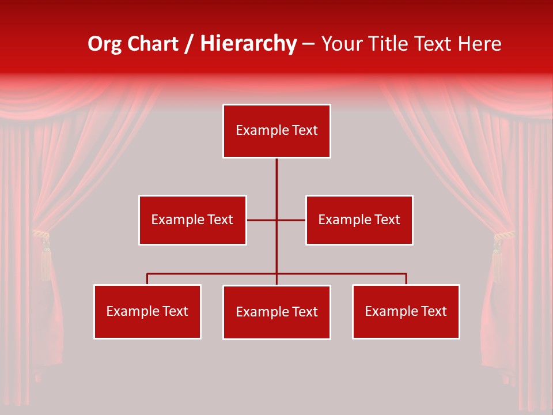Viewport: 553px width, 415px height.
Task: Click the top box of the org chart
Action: [x=276, y=131]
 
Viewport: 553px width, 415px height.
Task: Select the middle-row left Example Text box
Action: [x=192, y=220]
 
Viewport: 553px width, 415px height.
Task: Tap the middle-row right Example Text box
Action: [x=359, y=220]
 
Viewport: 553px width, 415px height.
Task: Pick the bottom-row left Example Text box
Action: [x=147, y=311]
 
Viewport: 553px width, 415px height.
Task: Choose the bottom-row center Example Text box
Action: [x=276, y=312]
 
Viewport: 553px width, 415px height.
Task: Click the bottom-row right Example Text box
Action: [x=406, y=311]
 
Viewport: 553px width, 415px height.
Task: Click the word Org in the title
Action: [x=104, y=44]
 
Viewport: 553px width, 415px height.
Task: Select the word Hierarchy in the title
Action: [x=248, y=44]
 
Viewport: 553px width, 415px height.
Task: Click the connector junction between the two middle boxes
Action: [x=276, y=220]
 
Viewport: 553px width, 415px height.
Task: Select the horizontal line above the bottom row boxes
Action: [x=213, y=274]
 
